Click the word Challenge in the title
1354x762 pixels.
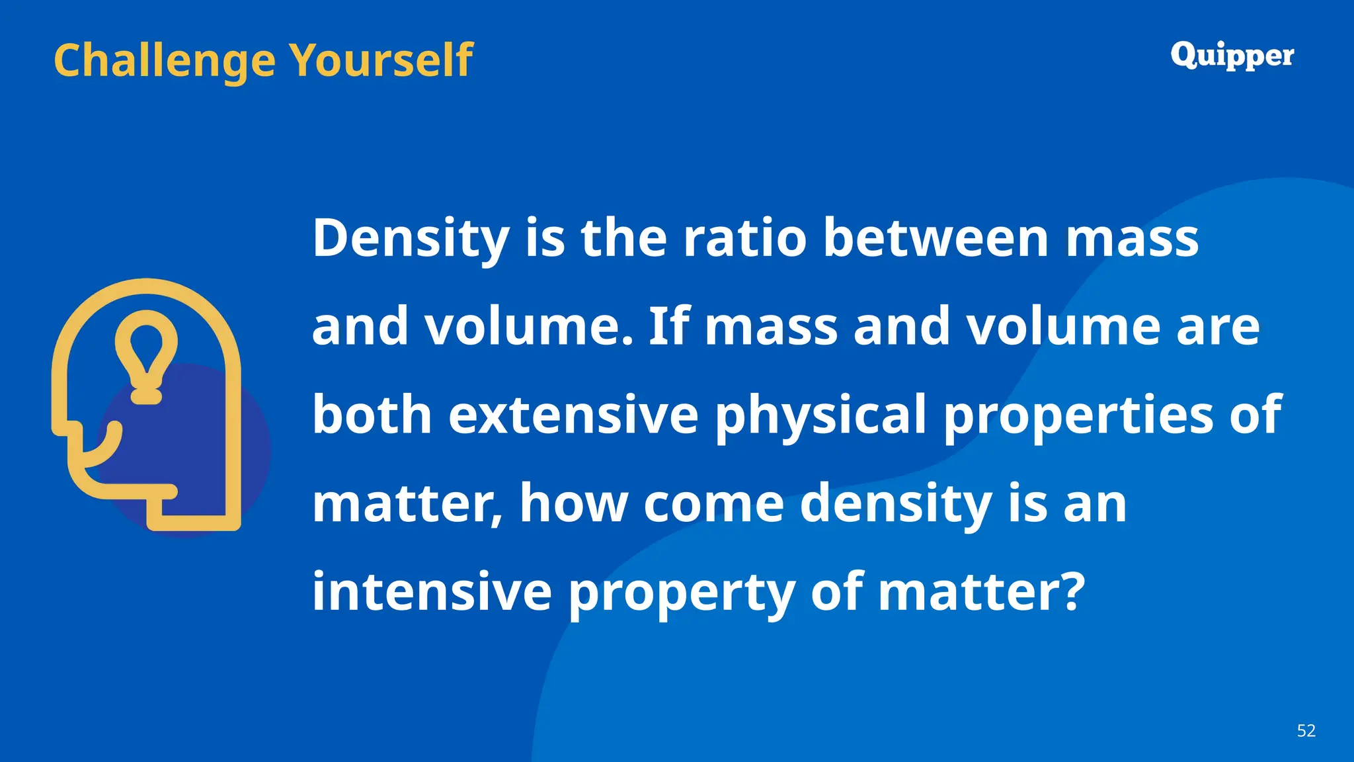pos(164,61)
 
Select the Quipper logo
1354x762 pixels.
pos(1232,56)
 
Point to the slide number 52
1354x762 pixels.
pos(1306,730)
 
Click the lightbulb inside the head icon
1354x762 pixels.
pos(146,354)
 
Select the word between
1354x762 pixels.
pos(936,238)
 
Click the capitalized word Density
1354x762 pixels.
pos(411,239)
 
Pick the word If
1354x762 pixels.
pos(669,326)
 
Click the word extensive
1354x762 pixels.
pos(573,415)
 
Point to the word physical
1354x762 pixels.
pos(820,416)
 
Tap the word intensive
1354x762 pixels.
pos(432,591)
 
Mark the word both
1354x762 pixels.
pos(372,415)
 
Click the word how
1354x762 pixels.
pos(573,504)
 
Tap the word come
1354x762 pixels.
pos(713,504)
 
